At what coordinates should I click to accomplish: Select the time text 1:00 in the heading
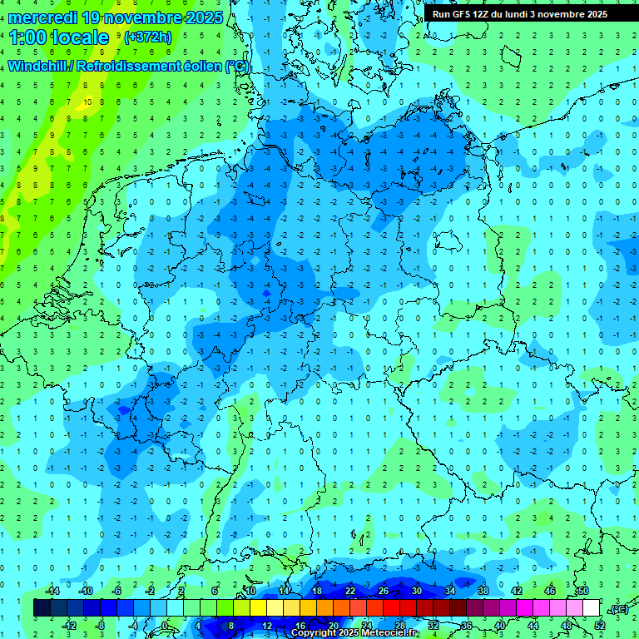click(30, 37)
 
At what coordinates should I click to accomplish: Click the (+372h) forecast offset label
click(148, 37)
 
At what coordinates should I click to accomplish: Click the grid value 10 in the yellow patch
click(88, 102)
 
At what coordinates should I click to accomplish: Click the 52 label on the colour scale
click(600, 626)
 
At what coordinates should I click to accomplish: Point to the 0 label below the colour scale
click(165, 626)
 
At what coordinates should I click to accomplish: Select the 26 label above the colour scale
click(383, 590)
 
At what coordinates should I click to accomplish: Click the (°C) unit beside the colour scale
click(618, 608)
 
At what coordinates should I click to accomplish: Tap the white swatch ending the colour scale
click(592, 607)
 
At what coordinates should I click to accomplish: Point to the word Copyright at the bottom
click(314, 633)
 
